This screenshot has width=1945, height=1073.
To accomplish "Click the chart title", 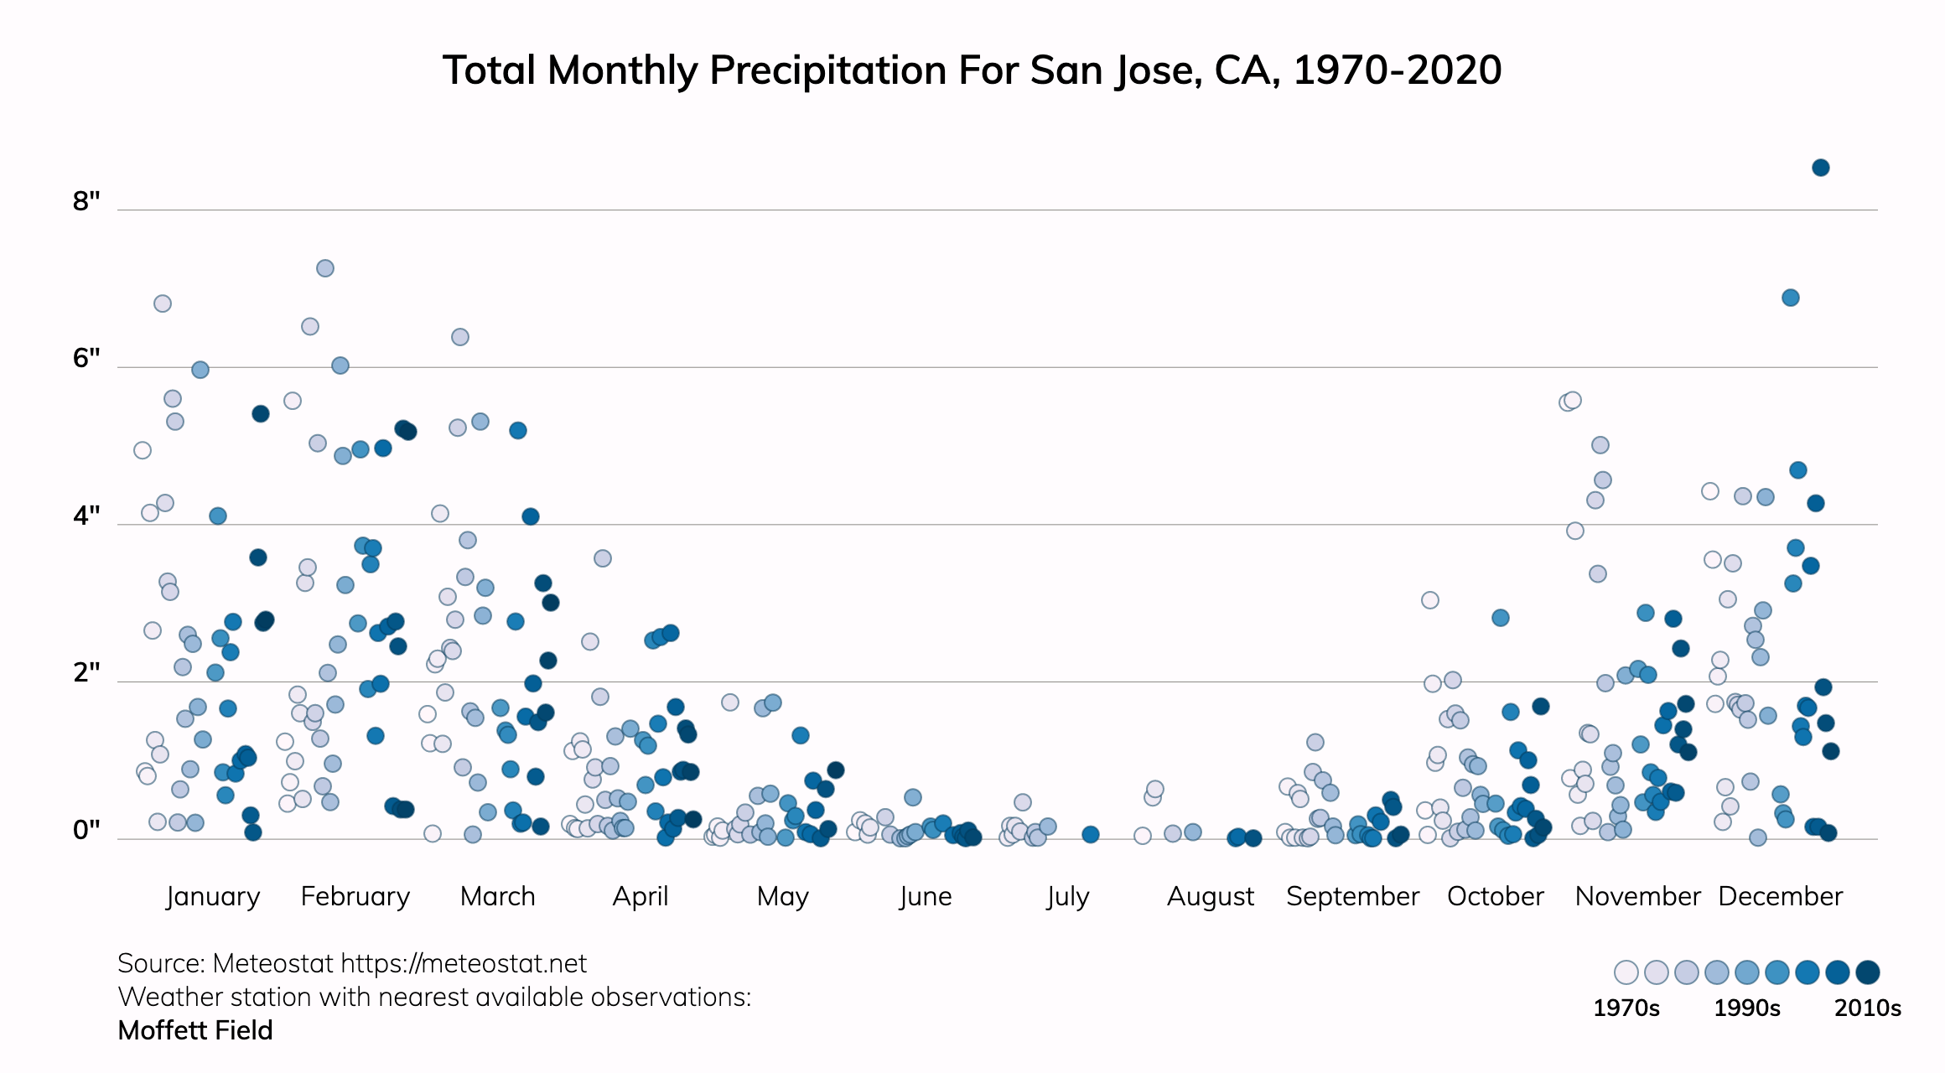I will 972,70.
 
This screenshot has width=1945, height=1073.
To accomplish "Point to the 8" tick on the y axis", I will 86,201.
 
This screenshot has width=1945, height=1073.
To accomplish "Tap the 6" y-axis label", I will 86,359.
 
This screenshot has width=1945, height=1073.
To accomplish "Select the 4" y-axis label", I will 86,516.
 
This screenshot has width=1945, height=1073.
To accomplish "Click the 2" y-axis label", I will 86,672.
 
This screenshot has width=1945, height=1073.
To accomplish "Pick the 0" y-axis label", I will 86,830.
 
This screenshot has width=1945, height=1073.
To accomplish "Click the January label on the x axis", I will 213,896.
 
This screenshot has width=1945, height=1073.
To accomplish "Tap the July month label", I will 1067,896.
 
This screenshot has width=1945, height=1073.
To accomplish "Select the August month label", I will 1211,896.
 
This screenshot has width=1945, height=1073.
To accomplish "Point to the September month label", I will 1352,896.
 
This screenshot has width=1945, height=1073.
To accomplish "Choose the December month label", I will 1780,896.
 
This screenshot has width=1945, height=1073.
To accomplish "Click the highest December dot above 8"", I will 1820,168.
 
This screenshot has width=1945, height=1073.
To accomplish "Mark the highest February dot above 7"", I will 325,268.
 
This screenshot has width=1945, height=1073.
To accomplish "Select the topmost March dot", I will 460,337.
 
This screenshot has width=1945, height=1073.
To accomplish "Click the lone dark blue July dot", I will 1090,834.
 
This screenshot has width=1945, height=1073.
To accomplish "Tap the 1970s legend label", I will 1626,1008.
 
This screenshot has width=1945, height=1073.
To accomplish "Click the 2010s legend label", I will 1867,1008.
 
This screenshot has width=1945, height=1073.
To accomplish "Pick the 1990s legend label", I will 1746,1008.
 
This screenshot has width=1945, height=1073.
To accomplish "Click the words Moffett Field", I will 195,1030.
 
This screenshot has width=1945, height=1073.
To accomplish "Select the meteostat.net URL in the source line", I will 464,964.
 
